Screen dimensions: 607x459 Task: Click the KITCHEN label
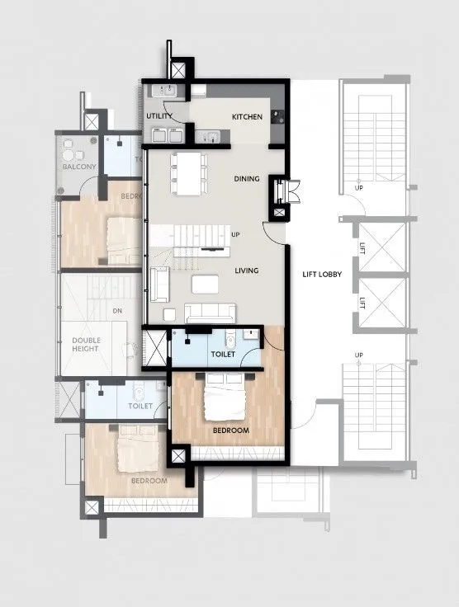coord(247,117)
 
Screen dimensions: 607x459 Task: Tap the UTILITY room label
coord(159,117)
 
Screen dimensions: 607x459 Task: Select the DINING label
coord(247,179)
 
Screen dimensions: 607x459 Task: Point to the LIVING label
coord(247,271)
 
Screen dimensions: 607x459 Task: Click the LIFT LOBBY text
coord(313,273)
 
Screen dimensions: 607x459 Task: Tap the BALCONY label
coord(79,167)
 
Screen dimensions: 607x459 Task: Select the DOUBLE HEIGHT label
coord(85,344)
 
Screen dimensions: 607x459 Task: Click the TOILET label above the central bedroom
coord(223,355)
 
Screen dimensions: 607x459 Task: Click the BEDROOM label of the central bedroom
coord(230,431)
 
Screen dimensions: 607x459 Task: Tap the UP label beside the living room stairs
coord(235,235)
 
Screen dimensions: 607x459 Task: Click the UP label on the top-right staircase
coord(359,187)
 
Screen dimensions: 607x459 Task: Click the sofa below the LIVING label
coord(211,313)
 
